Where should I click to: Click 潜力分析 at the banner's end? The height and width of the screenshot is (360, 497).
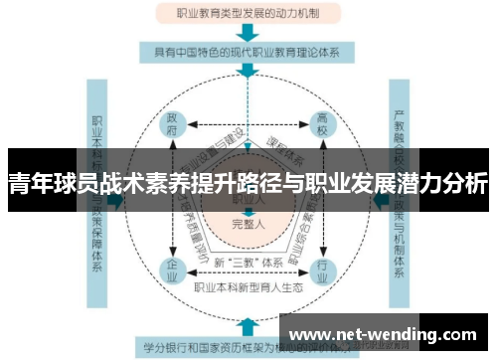click(447, 185)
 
